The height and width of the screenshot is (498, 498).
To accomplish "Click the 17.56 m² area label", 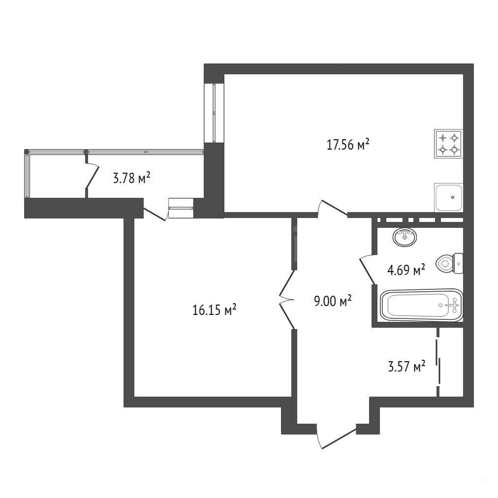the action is click(348, 145).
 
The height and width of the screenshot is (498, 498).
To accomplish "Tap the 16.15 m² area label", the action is click(215, 310).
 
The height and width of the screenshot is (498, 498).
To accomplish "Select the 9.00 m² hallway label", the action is click(333, 301).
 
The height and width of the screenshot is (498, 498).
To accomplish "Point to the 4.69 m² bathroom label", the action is click(406, 270).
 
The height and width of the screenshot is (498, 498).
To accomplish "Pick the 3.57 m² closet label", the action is click(406, 367).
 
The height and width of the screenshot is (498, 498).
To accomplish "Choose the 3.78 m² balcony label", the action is click(131, 178).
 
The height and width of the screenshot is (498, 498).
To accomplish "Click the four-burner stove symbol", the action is click(448, 144).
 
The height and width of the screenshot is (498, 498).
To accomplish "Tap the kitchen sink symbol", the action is click(448, 197).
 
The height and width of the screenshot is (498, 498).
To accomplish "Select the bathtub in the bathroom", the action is click(421, 305).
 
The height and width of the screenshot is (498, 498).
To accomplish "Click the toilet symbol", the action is click(449, 263).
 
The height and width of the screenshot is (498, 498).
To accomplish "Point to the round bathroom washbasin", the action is click(405, 237).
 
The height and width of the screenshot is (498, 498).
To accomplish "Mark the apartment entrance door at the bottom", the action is click(336, 436).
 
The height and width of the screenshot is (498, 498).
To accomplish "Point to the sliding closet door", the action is click(438, 362).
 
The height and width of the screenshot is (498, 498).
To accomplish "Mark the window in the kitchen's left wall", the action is click(215, 113).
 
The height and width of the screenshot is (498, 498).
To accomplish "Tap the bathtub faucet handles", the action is click(453, 305).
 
